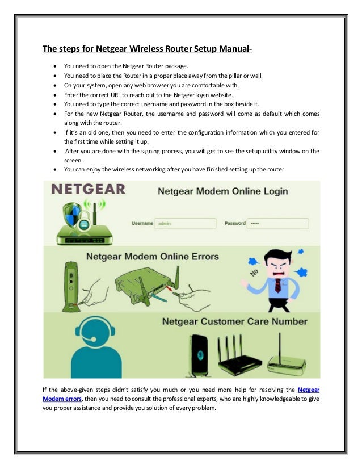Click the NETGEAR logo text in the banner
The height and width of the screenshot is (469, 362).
[x=89, y=189]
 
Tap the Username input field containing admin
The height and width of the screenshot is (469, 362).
[x=186, y=224]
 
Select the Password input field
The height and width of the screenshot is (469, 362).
[x=278, y=224]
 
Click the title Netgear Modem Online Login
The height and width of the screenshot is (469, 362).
[x=222, y=191]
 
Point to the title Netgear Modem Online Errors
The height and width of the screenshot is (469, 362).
[x=152, y=257]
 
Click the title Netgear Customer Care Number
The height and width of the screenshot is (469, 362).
[x=235, y=321]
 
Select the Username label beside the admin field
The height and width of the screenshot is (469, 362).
[x=142, y=224]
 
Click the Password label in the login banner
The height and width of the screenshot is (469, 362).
[x=235, y=224]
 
